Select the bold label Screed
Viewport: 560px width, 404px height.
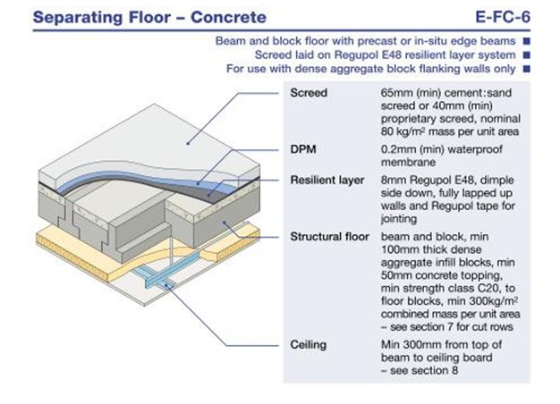[x=310, y=92]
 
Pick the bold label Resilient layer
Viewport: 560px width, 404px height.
[x=328, y=180]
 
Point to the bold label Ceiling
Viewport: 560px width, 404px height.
[x=309, y=344]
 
